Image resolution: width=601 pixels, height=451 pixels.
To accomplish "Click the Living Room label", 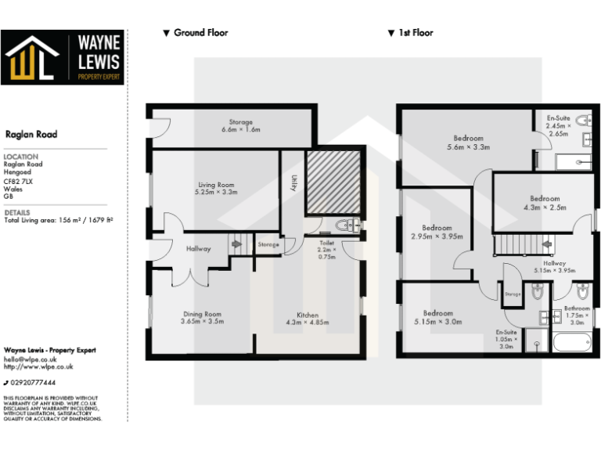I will pos(214,188).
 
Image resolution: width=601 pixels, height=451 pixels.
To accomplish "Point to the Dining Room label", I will pos(203,317).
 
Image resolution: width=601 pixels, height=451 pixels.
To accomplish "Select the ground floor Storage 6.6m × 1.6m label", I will pos(240,126).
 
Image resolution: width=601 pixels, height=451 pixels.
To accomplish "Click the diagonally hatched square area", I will pos(332,182).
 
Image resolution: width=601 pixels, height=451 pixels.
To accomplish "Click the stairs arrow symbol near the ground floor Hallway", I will pos(236,244).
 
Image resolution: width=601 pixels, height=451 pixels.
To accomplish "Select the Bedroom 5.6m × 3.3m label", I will pos(468,143).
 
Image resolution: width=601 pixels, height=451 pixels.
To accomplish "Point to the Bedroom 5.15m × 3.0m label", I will pos(438,317).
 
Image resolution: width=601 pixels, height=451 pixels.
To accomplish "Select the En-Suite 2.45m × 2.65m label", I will pos(559,125).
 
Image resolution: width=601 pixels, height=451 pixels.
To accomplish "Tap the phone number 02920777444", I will pos(33,382).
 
